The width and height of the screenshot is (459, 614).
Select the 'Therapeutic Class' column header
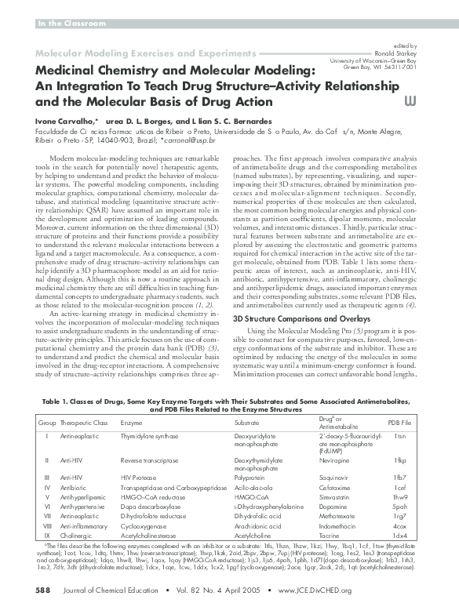click(82, 423)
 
